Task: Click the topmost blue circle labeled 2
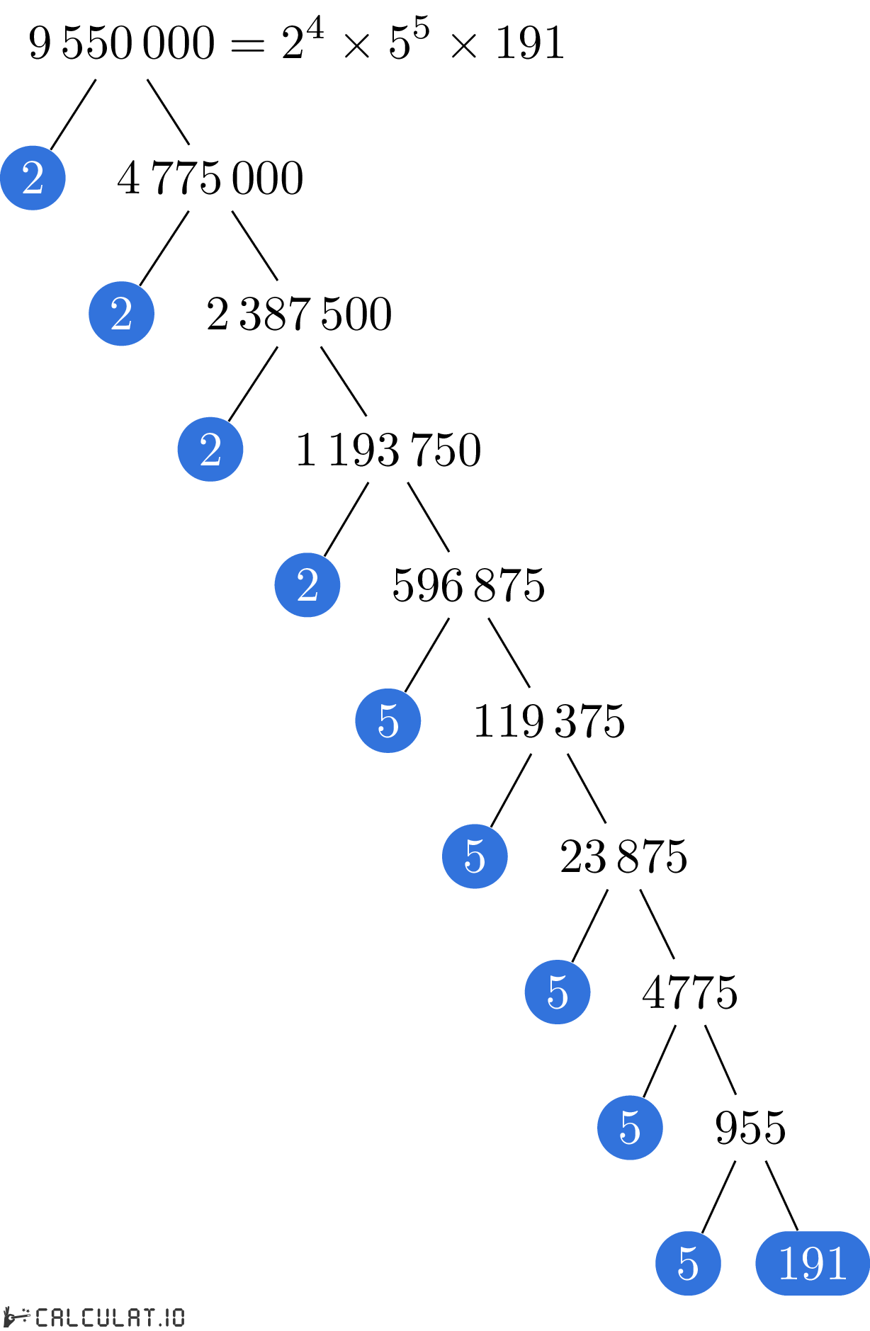tap(33, 178)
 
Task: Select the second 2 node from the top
tap(121, 314)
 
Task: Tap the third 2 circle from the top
tap(210, 449)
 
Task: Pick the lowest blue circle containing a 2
tap(307, 585)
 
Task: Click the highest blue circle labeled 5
tap(388, 720)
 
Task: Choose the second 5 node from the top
tap(475, 856)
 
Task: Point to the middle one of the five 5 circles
tap(558, 992)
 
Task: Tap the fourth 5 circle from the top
tap(630, 1128)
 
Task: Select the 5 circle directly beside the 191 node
tap(688, 1263)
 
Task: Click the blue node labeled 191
tap(813, 1263)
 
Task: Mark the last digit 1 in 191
tap(837, 1263)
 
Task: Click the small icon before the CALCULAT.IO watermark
tap(17, 1317)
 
